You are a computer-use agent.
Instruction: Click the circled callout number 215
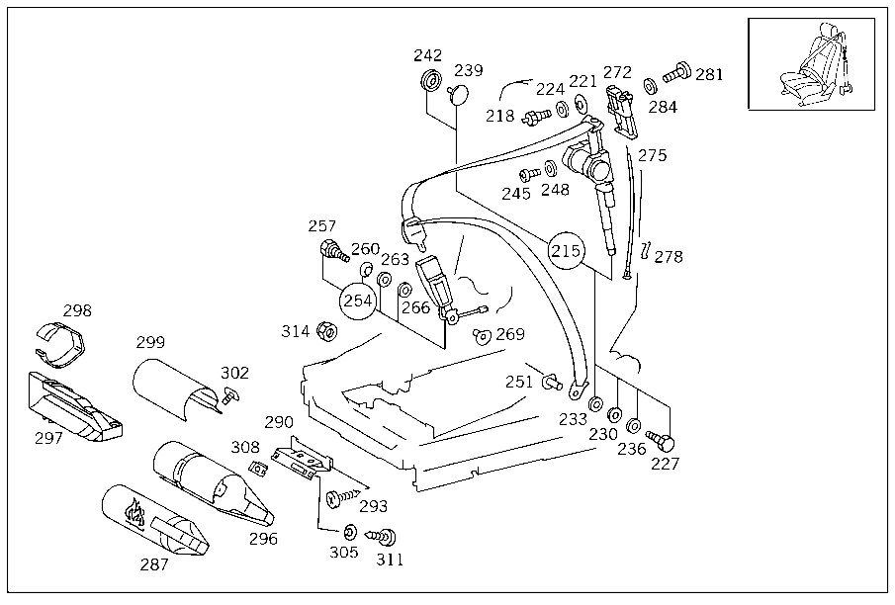(x=566, y=250)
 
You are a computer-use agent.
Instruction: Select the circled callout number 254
(x=359, y=301)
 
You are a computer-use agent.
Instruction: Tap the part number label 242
(x=428, y=55)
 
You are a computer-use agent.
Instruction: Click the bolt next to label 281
(x=677, y=74)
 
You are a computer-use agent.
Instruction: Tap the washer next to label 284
(x=649, y=84)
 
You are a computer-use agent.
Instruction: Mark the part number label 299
(x=150, y=342)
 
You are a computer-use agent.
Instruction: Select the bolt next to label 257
(x=331, y=250)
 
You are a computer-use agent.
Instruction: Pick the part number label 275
(x=653, y=155)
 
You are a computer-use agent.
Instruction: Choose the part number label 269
(x=510, y=333)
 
